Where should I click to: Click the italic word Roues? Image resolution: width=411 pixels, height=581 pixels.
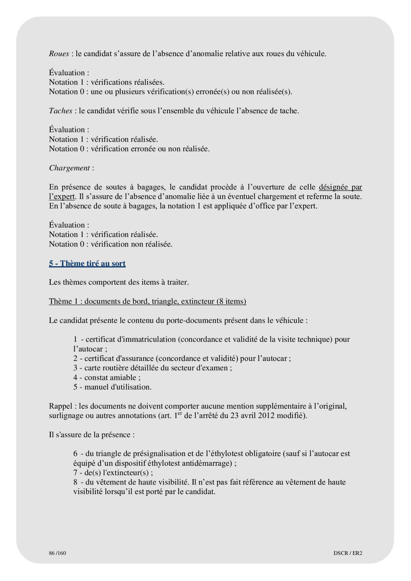59,54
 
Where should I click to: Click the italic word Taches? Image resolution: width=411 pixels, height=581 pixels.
60,111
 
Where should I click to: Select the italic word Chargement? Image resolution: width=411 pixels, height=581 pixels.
69,168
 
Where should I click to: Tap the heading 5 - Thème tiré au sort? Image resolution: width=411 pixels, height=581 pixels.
87,263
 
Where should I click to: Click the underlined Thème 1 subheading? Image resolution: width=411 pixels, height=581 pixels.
147,301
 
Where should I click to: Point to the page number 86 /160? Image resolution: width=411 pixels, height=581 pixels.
58,553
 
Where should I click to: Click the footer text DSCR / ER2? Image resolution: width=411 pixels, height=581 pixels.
348,553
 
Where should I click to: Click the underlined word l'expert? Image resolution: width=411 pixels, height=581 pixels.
62,196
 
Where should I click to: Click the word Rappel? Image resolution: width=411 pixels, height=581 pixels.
60,406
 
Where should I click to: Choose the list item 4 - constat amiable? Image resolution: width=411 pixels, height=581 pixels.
107,377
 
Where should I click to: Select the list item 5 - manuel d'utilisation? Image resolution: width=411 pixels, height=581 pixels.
112,387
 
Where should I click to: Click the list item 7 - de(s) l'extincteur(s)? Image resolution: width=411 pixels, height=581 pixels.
113,473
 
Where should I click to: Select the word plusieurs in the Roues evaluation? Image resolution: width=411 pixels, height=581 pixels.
130,92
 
